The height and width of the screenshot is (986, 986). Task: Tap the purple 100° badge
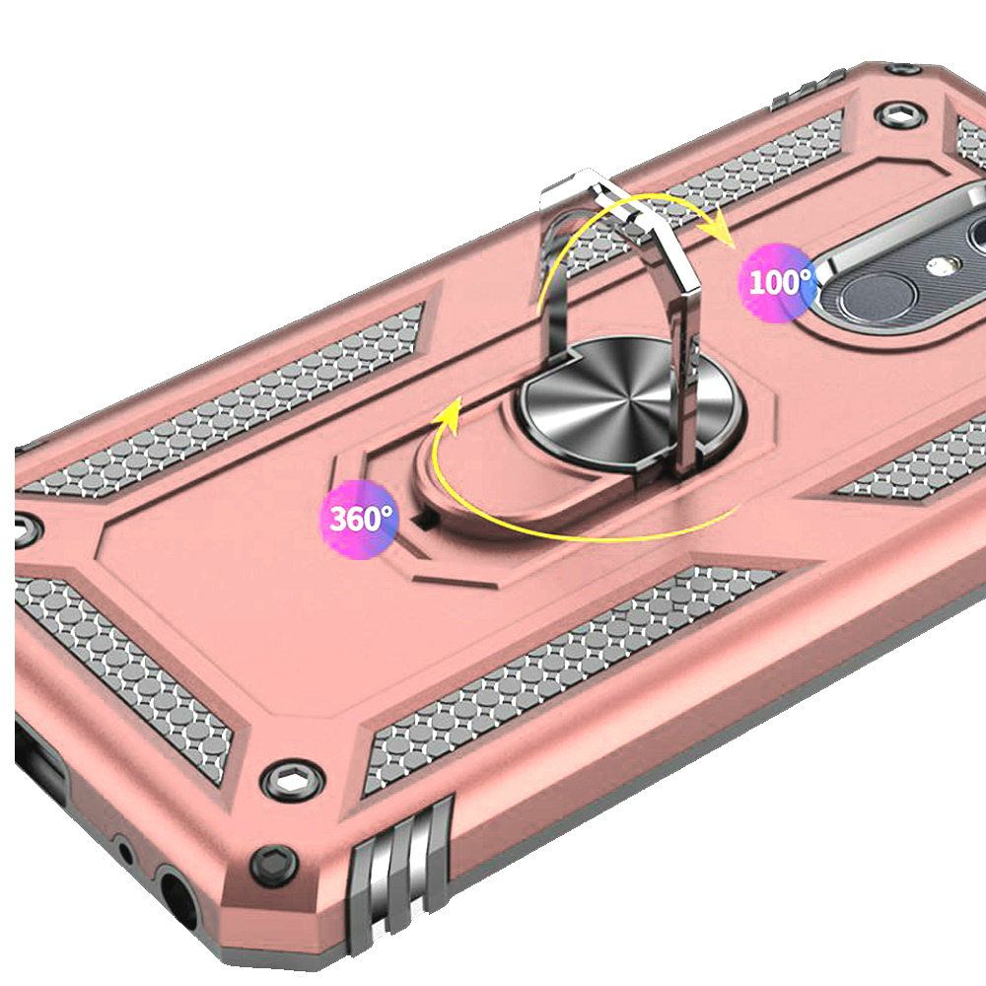click(779, 282)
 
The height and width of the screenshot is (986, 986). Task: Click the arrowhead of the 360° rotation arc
click(449, 416)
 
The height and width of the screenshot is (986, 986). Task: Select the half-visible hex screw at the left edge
click(26, 528)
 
